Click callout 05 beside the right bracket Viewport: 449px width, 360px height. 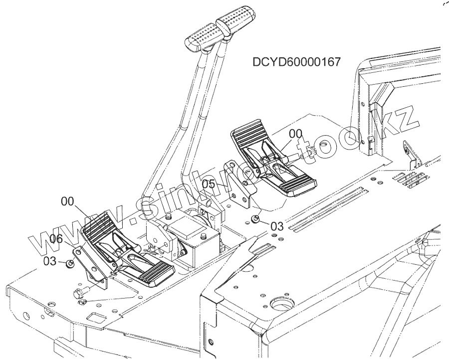coord(210,184)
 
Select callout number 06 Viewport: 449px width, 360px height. coord(56,239)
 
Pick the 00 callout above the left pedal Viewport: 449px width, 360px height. coord(68,201)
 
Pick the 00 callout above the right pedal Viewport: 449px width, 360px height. coord(296,134)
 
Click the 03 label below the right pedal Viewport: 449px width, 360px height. coord(276,226)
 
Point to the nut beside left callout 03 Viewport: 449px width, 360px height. coord(70,262)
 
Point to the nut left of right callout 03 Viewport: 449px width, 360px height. coord(255,218)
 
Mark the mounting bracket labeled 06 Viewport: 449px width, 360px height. coord(90,264)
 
